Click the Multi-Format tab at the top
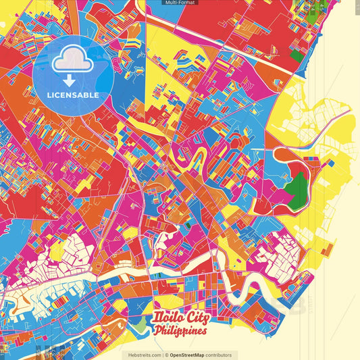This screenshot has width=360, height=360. tap(180, 3)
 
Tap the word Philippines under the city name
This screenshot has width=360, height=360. tap(180, 332)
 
